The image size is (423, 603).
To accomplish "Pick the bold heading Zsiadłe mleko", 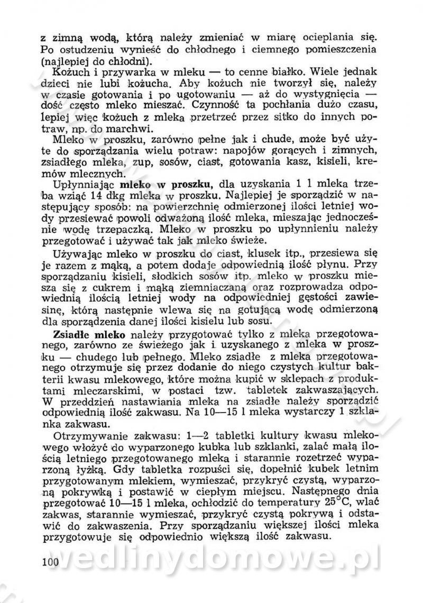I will click(x=89, y=335).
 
